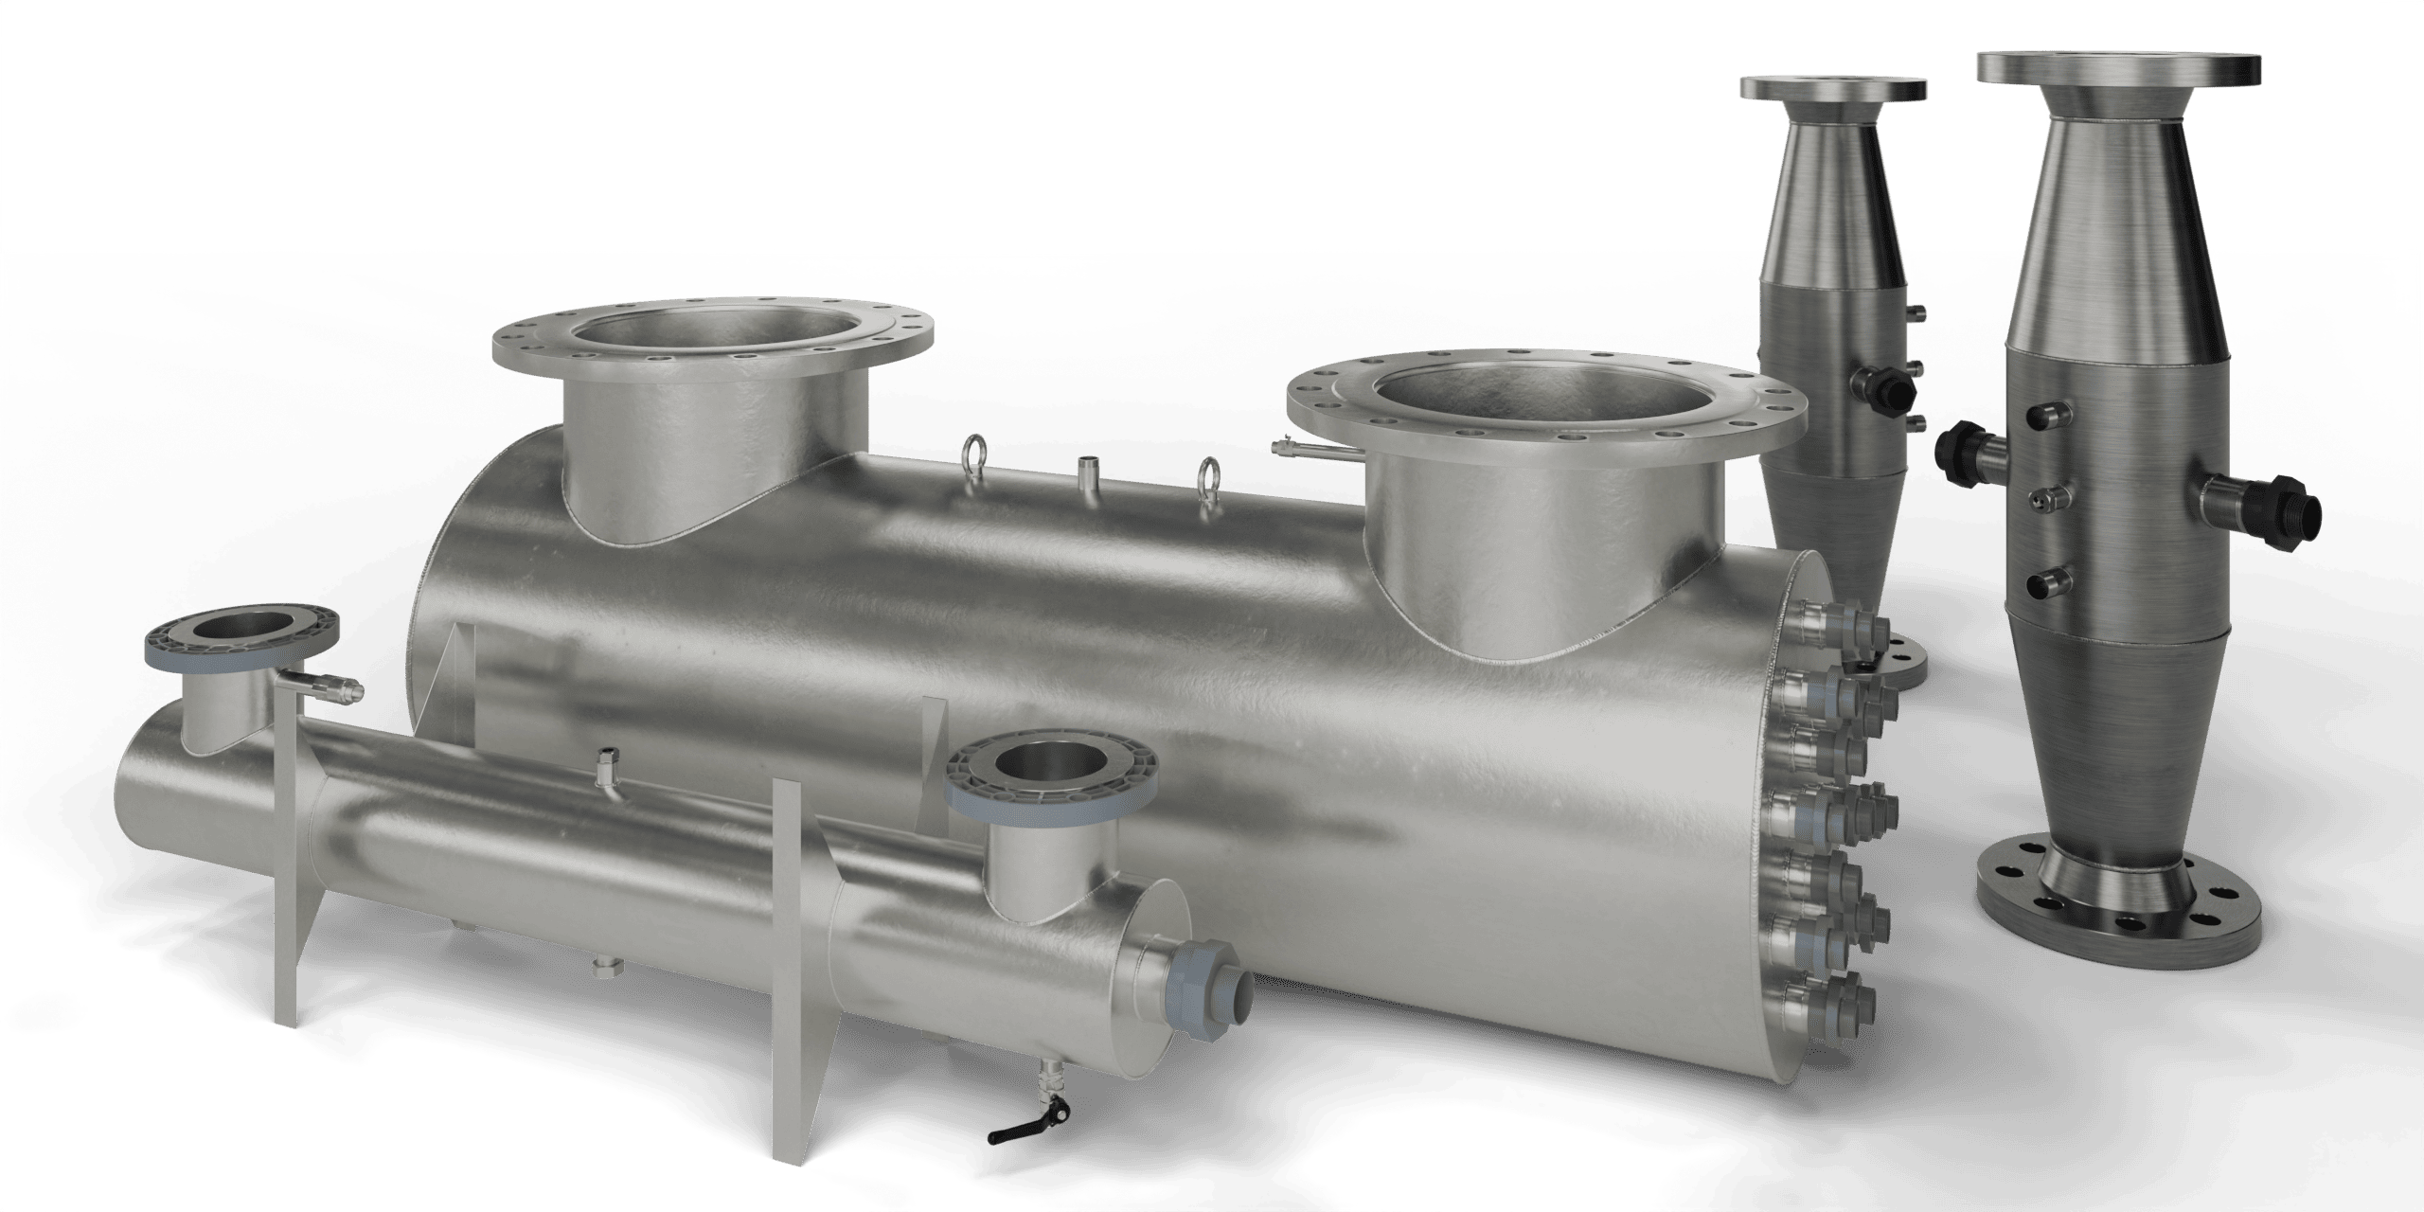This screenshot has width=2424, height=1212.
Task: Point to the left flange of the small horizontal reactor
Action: point(239,635)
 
